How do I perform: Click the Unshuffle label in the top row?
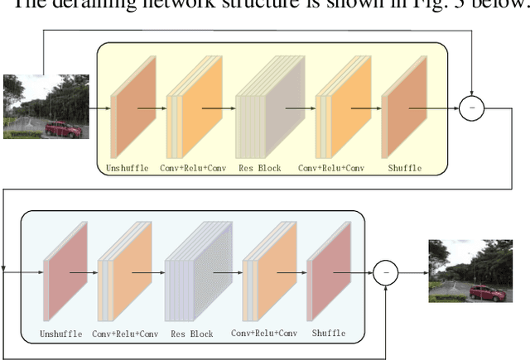128,168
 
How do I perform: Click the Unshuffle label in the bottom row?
61,334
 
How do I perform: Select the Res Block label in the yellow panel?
258,168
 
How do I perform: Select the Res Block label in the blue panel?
191,334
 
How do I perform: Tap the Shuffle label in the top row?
404,168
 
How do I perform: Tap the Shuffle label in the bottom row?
329,334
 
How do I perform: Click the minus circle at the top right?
471,108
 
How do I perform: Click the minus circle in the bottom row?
385,271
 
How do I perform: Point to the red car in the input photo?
62,129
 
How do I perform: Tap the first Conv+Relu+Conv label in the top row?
194,168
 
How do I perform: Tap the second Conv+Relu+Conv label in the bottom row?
263,334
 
